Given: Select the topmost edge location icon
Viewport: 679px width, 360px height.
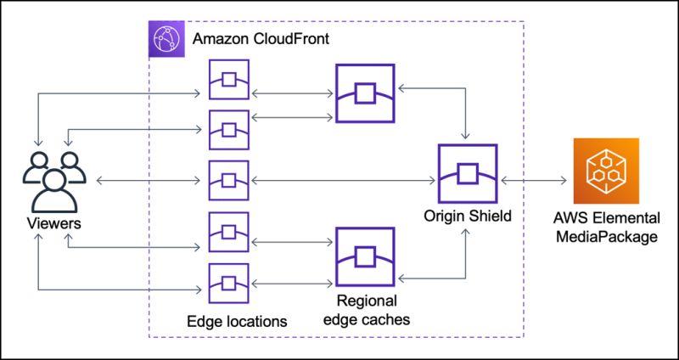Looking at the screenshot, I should point(228,80).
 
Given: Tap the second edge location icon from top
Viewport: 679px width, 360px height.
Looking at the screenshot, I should point(228,130).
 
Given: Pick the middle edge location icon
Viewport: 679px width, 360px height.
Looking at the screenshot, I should point(228,180).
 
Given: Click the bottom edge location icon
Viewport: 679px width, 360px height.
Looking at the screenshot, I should point(228,283).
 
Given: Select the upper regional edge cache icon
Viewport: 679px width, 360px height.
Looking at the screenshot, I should point(364,93).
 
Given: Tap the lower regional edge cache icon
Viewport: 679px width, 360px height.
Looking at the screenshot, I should point(364,256).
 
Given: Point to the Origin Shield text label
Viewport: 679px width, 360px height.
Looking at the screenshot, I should point(468,217).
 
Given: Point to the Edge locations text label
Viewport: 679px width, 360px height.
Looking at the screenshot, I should point(237,321).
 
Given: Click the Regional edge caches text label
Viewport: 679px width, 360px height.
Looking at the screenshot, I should point(367,310).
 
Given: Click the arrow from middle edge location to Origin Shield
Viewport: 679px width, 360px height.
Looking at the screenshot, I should point(344,180).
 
